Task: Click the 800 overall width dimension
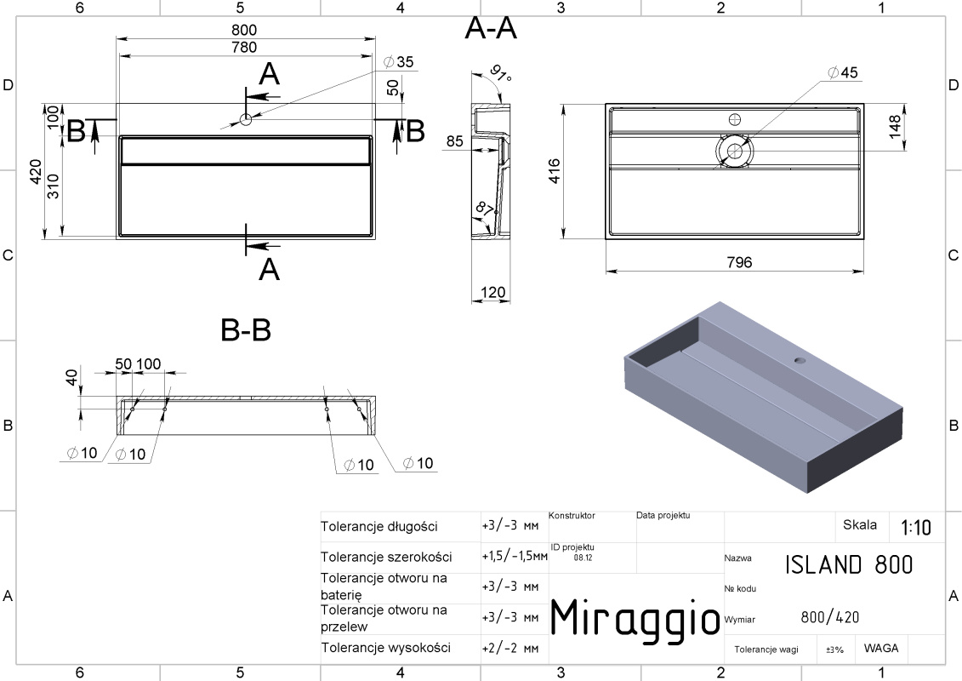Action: (244, 30)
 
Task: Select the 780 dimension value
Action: (244, 48)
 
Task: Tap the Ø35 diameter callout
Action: (398, 61)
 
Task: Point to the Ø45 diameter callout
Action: (842, 72)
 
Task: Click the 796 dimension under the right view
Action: (738, 262)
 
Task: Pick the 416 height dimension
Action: (554, 171)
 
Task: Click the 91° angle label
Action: (501, 73)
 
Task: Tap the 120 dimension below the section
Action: (492, 292)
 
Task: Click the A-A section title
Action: (491, 28)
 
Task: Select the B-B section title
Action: (246, 329)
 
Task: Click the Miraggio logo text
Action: (635, 618)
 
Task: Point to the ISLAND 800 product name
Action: (849, 564)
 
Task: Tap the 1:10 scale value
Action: (915, 528)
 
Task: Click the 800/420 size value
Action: (830, 617)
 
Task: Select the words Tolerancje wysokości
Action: (386, 648)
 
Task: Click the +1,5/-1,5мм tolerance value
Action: (514, 557)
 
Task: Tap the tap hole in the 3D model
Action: (800, 360)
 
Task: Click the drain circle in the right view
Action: (734, 150)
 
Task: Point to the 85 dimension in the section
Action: (454, 140)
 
